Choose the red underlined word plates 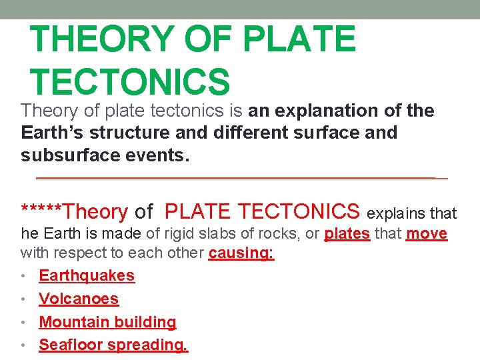[x=347, y=235]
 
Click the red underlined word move [x=427, y=235]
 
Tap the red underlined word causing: [x=241, y=253]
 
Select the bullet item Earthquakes [x=87, y=275]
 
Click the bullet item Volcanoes [x=79, y=299]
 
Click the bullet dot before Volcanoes [x=24, y=299]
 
